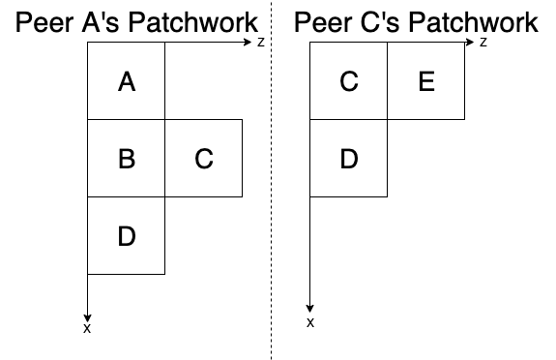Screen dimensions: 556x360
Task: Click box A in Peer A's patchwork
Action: coord(126,82)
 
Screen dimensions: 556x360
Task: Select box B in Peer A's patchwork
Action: coord(126,159)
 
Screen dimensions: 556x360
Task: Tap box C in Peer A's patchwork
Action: coord(203,159)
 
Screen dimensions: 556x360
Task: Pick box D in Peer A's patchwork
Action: coord(126,235)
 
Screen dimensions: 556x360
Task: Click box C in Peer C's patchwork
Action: coord(349,82)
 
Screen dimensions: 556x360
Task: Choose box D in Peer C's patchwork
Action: coord(349,159)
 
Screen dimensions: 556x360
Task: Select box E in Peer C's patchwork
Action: coord(426,82)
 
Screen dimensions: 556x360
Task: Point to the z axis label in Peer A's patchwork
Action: coord(261,44)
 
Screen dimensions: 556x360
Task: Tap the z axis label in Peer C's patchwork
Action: coord(483,44)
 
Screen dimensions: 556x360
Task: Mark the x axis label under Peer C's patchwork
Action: coord(310,322)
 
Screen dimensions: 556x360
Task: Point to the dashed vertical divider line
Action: coord(272,194)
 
